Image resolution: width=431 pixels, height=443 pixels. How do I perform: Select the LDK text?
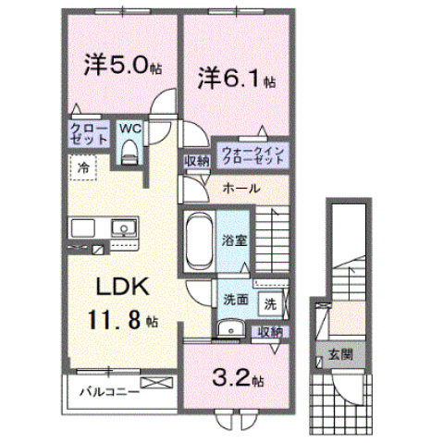tap(123, 287)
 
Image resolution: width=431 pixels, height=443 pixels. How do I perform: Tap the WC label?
tap(130, 129)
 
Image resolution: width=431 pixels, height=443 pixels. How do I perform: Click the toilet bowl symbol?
tap(129, 152)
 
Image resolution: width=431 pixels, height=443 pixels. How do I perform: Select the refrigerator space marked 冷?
tap(83, 167)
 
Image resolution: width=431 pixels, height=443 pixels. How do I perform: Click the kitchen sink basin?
tap(124, 228)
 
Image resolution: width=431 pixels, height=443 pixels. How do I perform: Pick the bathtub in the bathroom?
tap(200, 240)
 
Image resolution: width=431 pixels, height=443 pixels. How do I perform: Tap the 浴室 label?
tap(235, 240)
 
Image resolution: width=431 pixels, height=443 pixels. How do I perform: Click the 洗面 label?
tap(236, 300)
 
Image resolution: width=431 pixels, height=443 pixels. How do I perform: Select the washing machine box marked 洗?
tap(270, 304)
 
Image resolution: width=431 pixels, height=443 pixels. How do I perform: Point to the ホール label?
tap(241, 188)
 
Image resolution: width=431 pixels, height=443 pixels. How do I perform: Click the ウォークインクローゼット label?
tap(252, 155)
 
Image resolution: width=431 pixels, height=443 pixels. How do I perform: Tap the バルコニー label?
tap(110, 392)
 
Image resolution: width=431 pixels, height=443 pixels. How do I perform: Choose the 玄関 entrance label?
tap(340, 355)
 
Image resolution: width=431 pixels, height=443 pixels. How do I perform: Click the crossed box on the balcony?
tap(156, 383)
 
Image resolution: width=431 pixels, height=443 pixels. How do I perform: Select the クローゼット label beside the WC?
tap(89, 134)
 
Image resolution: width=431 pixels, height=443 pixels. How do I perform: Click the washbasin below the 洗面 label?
tap(230, 328)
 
